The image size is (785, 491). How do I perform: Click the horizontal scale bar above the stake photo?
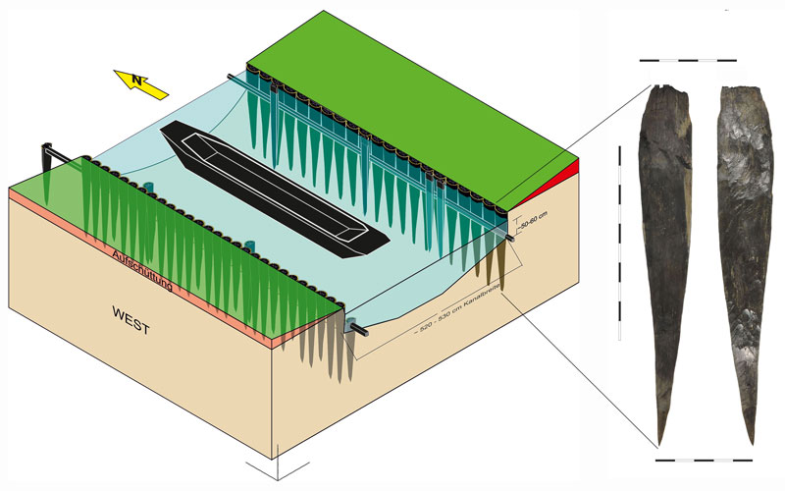[687, 61]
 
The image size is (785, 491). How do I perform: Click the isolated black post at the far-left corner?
[46, 160]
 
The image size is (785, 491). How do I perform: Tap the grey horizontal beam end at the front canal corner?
[357, 329]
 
